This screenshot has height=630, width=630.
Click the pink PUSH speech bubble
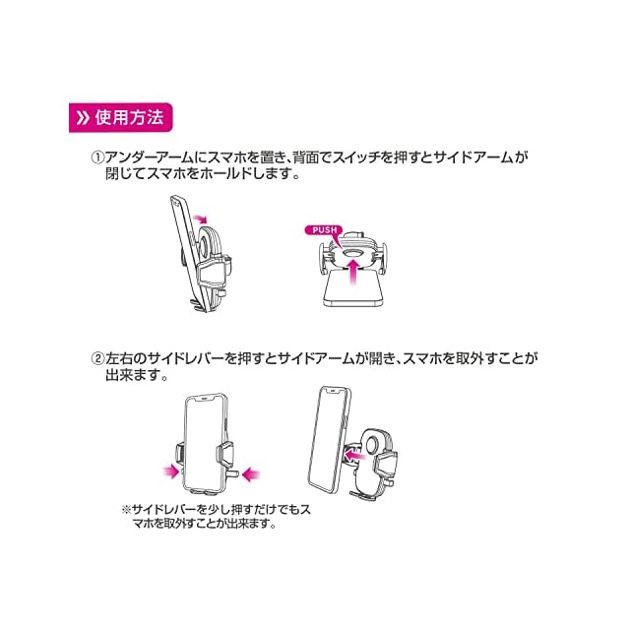pos(321,230)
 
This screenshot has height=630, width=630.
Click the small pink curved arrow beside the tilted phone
pos(201,216)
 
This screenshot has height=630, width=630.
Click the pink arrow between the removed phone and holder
pos(351,453)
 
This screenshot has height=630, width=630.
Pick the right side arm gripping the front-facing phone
pos(226,456)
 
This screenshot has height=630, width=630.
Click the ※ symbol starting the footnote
pos(126,510)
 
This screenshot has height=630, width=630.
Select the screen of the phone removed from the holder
pos(328,438)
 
